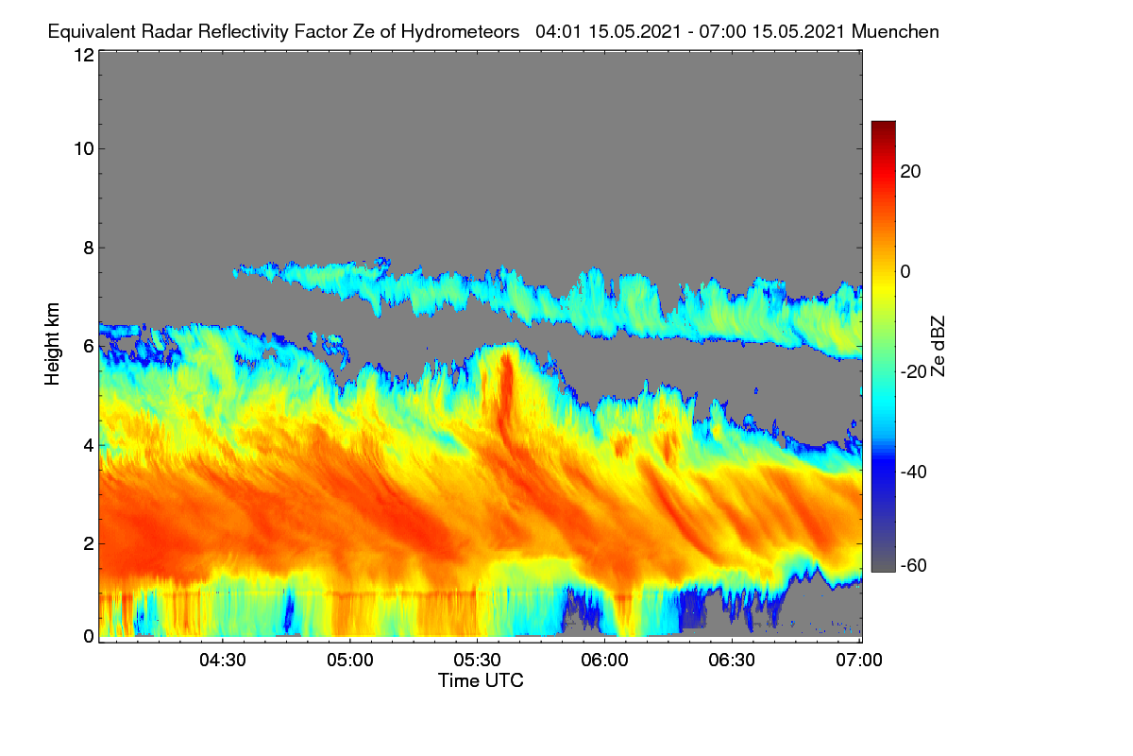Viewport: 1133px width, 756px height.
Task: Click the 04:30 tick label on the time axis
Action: click(223, 660)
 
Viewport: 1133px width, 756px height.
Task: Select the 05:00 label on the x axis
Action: click(350, 660)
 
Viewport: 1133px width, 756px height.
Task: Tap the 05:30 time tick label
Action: click(477, 660)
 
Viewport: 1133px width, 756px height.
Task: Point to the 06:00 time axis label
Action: click(604, 660)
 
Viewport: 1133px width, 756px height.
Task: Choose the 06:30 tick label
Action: click(732, 660)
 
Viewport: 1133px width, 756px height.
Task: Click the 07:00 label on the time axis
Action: click(859, 660)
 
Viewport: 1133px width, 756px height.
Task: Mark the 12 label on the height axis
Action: click(84, 55)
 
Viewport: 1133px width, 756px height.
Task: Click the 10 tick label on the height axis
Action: click(84, 149)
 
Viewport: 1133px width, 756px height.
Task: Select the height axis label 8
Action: click(89, 248)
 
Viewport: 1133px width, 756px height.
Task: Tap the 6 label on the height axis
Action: click(89, 347)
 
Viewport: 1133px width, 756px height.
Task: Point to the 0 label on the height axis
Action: click(89, 637)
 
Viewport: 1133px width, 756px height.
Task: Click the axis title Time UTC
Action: click(481, 680)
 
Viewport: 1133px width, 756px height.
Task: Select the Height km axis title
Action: click(52, 344)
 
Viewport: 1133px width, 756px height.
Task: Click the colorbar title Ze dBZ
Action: click(938, 347)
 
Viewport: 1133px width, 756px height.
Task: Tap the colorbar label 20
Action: click(910, 172)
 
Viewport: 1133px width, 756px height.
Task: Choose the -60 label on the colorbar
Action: click(914, 565)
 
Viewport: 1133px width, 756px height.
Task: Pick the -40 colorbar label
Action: click(914, 472)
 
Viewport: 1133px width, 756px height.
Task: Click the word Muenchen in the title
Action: click(895, 32)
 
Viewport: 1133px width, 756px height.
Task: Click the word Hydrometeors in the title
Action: click(460, 32)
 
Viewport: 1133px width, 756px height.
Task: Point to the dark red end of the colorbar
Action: click(883, 124)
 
